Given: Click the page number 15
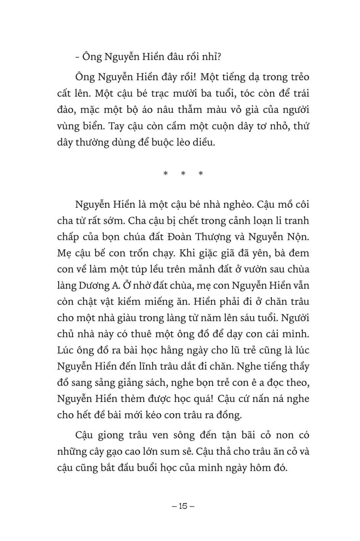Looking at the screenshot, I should click(x=183, y=506).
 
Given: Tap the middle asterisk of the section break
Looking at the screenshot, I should click(x=183, y=174).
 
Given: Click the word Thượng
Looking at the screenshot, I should click(x=225, y=237).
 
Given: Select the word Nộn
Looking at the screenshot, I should click(x=299, y=237).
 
